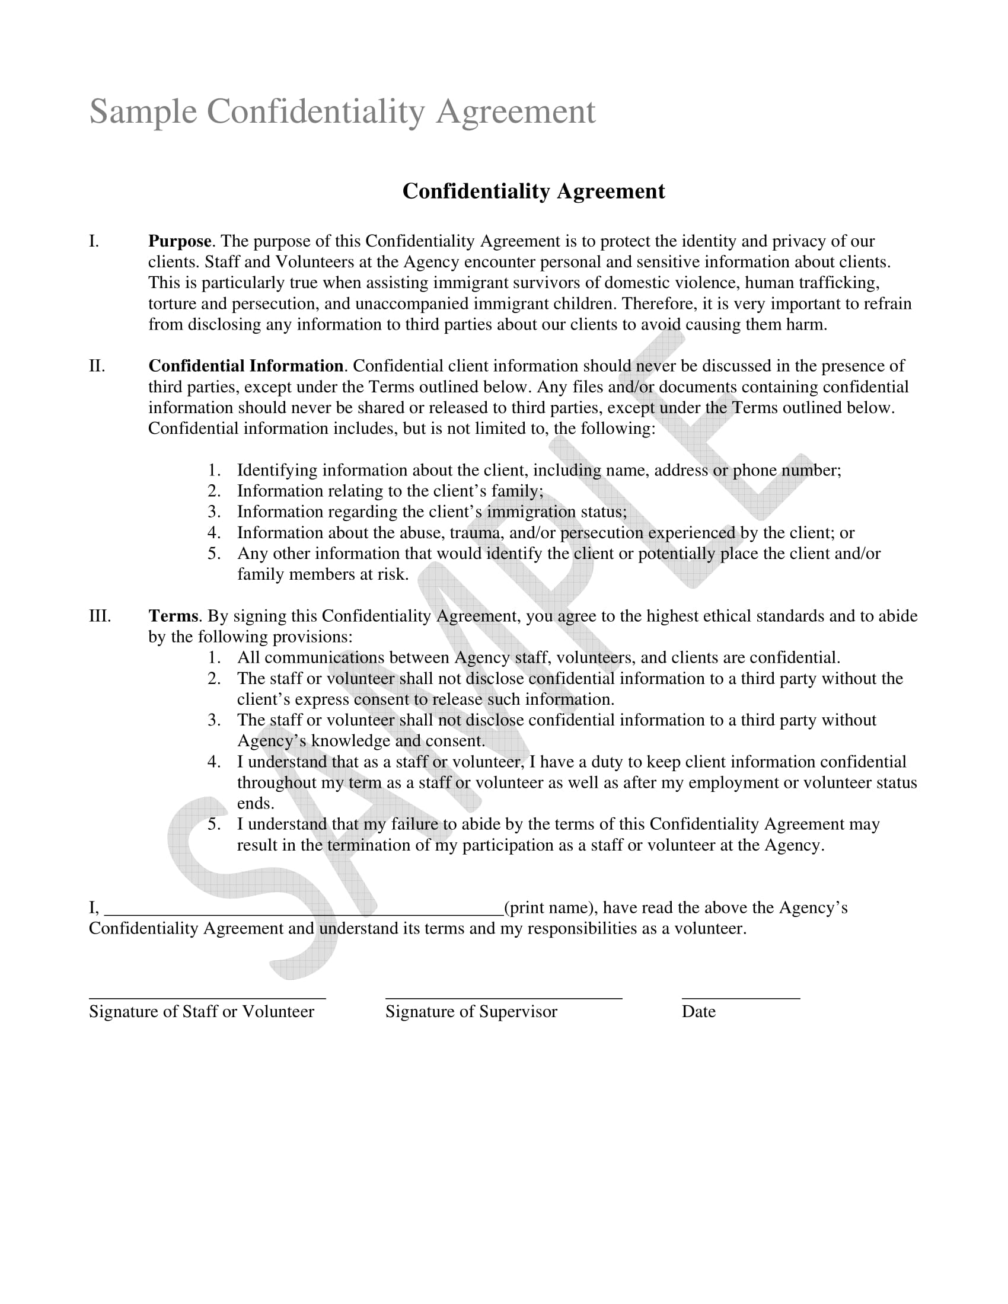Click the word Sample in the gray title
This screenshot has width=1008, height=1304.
pyautogui.click(x=143, y=111)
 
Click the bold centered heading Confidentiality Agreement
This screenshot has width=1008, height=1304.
pyautogui.click(x=532, y=191)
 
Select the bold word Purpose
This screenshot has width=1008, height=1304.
pyautogui.click(x=179, y=241)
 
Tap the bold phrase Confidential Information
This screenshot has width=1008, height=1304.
pyautogui.click(x=245, y=366)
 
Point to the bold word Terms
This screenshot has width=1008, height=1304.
pyautogui.click(x=173, y=616)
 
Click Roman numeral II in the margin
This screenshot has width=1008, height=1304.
pyautogui.click(x=97, y=366)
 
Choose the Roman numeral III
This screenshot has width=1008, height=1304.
pyautogui.click(x=100, y=616)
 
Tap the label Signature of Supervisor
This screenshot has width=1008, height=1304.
pyautogui.click(x=471, y=1011)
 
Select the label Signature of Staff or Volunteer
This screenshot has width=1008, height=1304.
pyautogui.click(x=201, y=1011)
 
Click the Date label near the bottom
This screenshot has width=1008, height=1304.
pyautogui.click(x=698, y=1011)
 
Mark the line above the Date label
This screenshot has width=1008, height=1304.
pyautogui.click(x=741, y=998)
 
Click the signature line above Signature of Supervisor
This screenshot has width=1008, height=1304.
pyautogui.click(x=503, y=998)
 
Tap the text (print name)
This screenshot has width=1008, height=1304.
pyautogui.click(x=550, y=907)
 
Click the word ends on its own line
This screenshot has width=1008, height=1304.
pyautogui.click(x=255, y=804)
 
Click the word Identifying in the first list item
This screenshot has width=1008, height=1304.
pyautogui.click(x=277, y=470)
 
